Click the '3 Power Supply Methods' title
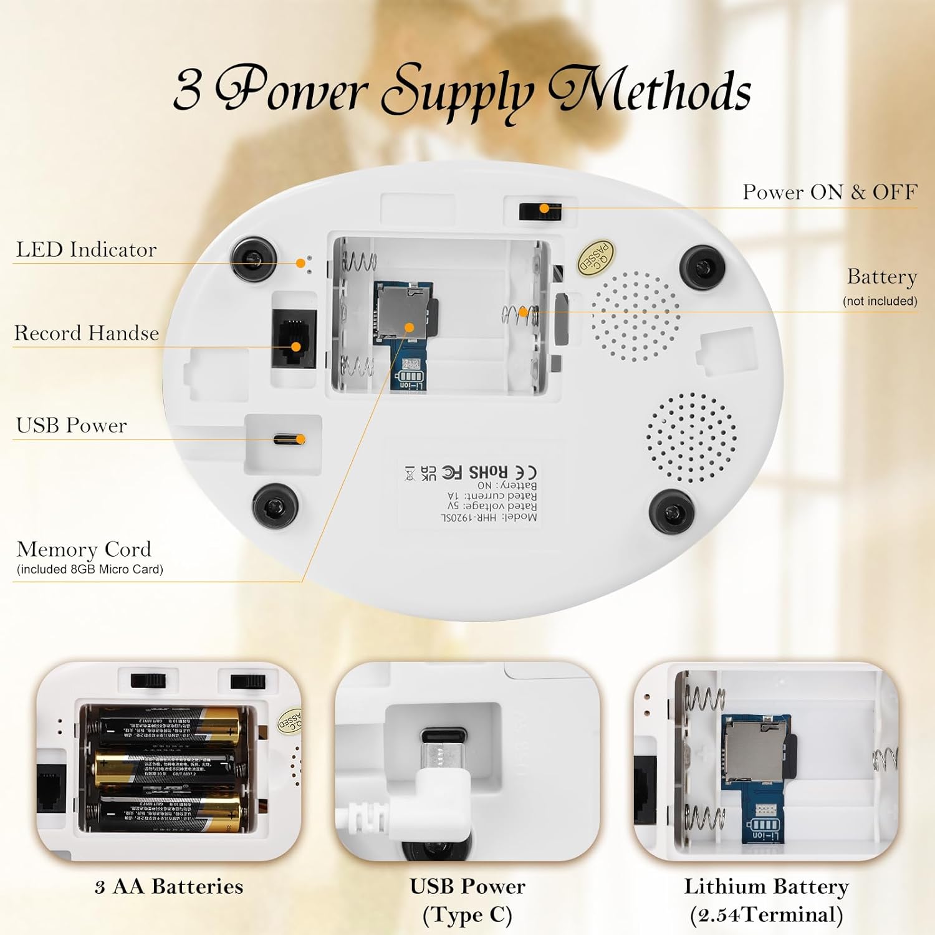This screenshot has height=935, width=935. point(462,91)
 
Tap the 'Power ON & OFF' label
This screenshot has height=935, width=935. point(829,192)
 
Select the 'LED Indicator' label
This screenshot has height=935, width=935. point(86,249)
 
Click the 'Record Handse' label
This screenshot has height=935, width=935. point(86,333)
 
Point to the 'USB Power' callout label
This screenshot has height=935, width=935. point(71,425)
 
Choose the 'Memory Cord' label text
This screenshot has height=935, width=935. point(84,549)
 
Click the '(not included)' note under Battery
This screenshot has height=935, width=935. point(880,301)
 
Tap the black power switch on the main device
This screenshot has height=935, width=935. point(540,211)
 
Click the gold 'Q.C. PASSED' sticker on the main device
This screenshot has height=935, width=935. point(595,257)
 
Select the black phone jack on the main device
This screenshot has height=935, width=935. point(294,338)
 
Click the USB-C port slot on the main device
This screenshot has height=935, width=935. point(288,439)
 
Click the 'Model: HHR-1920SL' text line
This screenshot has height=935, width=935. point(489,517)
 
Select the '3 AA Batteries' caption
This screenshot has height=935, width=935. point(169,886)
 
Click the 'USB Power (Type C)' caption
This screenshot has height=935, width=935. point(467,900)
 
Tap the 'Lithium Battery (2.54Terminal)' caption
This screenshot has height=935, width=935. point(766,900)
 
